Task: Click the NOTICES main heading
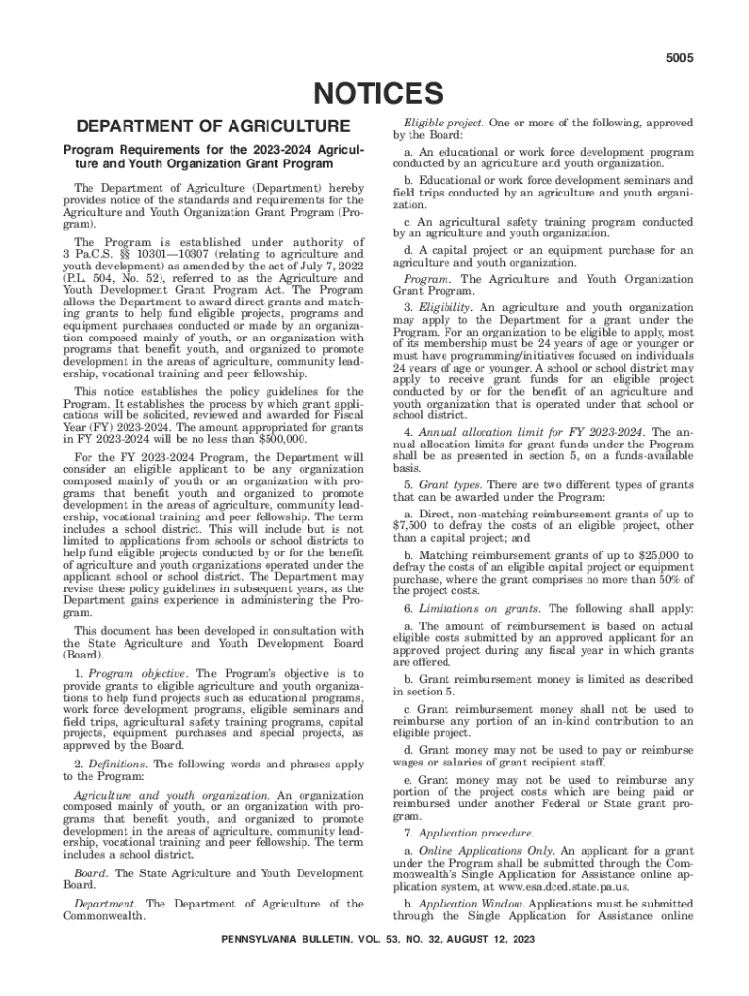pos(374,94)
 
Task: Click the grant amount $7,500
pos(412,526)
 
